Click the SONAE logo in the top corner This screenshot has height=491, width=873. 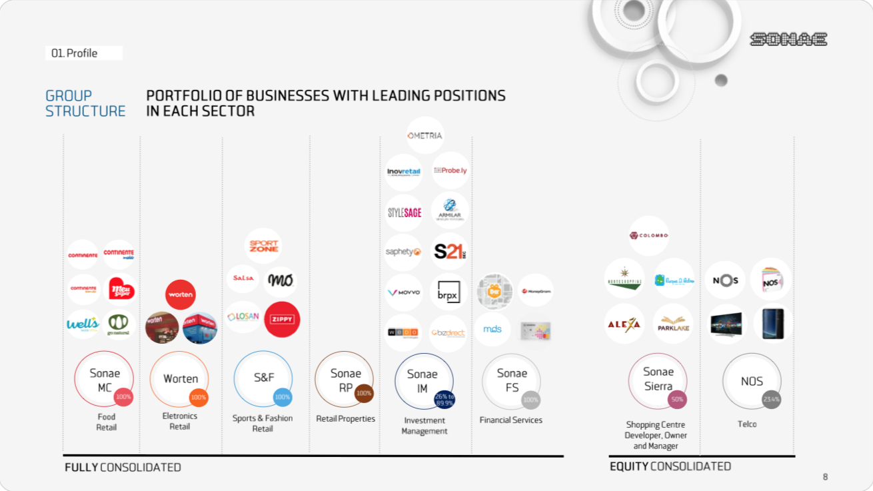[788, 39]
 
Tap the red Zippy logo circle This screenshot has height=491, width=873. [282, 319]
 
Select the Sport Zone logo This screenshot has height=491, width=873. [263, 246]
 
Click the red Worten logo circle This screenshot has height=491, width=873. [180, 294]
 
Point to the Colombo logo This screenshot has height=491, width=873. [648, 235]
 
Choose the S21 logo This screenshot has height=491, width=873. [449, 252]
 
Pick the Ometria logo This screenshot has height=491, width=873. [425, 135]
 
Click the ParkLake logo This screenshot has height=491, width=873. [673, 324]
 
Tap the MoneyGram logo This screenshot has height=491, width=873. [535, 291]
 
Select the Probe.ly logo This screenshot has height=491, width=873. [450, 171]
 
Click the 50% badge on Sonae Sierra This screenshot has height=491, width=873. [677, 400]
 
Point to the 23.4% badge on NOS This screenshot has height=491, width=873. [771, 400]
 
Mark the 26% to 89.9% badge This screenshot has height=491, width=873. [444, 400]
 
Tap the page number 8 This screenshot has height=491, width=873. [825, 476]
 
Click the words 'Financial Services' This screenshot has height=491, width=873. [510, 420]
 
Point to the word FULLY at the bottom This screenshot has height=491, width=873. [81, 468]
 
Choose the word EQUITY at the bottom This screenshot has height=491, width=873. [628, 467]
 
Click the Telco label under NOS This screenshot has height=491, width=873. [747, 424]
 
